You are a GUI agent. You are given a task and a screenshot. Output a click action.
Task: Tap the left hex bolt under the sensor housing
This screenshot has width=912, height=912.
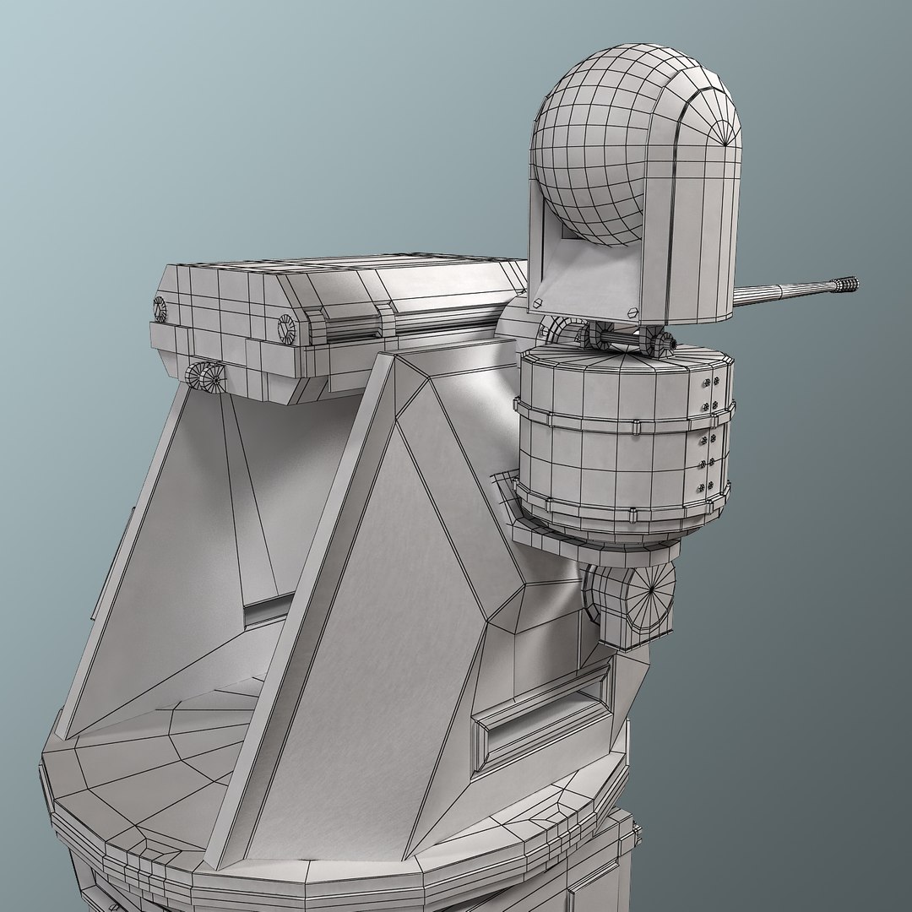[x=537, y=301]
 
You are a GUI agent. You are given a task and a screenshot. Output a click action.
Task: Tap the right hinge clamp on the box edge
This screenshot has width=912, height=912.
[x=385, y=317]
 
